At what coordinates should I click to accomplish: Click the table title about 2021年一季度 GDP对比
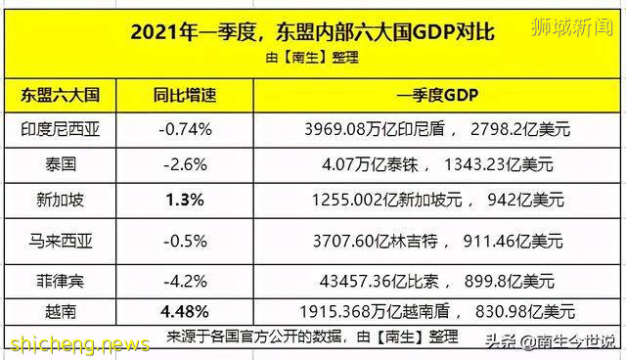point(312,32)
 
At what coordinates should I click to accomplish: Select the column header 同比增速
point(178,98)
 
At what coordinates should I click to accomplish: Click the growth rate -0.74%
point(178,128)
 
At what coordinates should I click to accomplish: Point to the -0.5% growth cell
point(178,238)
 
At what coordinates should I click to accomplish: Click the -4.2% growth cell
point(178,279)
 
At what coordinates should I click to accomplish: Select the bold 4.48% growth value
point(178,314)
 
